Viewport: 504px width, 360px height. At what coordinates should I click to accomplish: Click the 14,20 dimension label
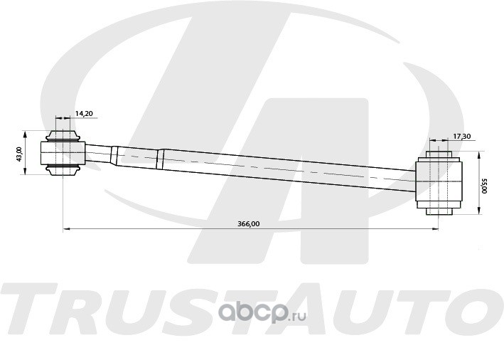(84, 113)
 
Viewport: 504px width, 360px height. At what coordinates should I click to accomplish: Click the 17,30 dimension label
(462, 136)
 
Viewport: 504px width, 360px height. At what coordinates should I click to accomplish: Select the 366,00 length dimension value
(249, 224)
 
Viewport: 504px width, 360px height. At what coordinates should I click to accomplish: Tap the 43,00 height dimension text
(19, 154)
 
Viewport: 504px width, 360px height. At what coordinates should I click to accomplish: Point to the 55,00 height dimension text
(485, 186)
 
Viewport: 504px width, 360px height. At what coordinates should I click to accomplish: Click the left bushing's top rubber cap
(63, 136)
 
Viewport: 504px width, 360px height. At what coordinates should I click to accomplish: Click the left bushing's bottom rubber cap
(63, 170)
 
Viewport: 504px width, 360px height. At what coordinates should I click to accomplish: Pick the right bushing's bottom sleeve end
(439, 211)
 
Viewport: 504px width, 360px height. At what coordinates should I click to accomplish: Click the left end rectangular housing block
(63, 153)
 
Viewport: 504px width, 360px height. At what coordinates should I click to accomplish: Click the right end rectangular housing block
(439, 181)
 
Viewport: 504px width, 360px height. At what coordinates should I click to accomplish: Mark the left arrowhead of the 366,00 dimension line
(66, 229)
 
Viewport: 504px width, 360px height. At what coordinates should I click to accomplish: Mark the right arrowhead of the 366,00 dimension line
(435, 229)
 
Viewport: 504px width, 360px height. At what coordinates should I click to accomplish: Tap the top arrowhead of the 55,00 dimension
(479, 155)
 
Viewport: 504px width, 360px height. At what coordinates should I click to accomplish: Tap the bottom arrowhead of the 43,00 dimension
(25, 171)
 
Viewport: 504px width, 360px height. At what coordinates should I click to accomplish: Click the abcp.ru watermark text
(262, 312)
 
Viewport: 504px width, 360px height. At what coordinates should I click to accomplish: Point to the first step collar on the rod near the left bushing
(114, 155)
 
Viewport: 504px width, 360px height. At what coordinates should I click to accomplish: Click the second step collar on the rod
(161, 159)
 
